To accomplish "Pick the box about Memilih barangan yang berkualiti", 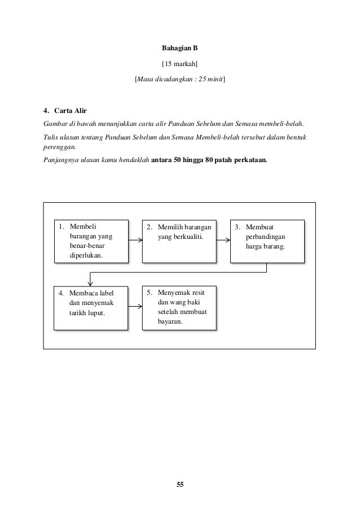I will tap(179, 241).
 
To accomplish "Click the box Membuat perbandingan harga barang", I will tap(267, 241).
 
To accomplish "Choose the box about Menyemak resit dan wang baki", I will tap(179, 308).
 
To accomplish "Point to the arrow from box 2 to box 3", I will tap(223, 240).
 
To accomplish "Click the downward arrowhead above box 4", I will tap(90, 282).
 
